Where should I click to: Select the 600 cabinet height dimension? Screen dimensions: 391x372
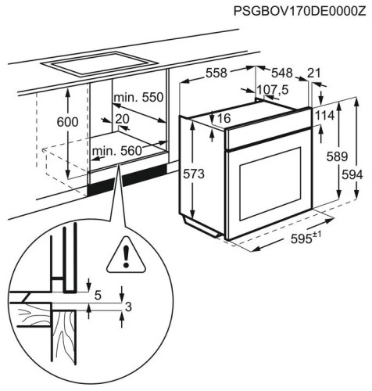(68, 123)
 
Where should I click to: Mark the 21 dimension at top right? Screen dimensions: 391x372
(314, 74)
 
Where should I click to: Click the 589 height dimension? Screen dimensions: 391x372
(337, 156)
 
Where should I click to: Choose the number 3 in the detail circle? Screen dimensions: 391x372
(127, 306)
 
